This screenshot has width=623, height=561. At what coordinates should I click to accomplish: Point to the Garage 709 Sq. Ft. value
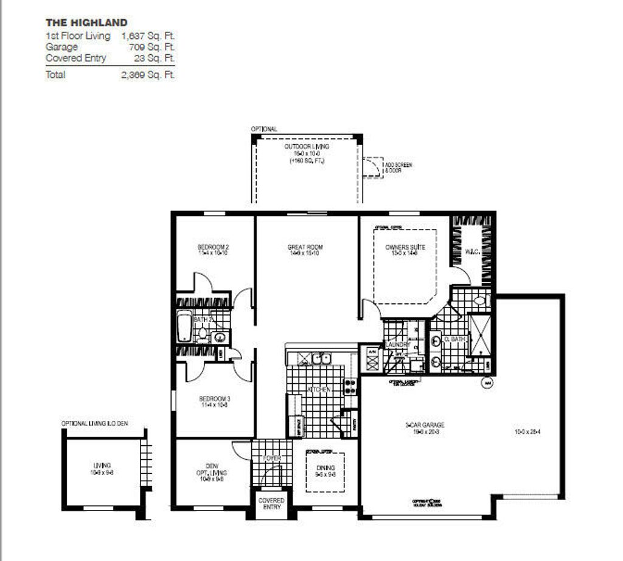151,47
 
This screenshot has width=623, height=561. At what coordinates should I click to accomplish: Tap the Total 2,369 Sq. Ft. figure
148,75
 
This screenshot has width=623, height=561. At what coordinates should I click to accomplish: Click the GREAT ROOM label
305,247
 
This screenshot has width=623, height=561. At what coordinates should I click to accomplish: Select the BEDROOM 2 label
213,247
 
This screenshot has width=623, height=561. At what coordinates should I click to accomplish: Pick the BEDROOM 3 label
214,399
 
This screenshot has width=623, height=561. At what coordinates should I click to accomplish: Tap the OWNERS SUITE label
405,247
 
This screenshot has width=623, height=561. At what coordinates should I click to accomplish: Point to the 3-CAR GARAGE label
425,425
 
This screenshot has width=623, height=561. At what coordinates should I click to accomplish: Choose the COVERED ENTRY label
271,504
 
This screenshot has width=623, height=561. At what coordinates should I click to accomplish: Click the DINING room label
325,468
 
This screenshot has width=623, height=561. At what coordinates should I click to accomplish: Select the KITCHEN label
319,389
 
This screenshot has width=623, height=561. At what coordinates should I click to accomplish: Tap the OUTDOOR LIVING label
307,147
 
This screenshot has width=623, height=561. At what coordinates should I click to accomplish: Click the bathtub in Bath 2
184,326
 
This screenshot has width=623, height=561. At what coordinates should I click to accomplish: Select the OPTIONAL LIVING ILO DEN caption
94,423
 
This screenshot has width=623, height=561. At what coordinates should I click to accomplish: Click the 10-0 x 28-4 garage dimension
527,432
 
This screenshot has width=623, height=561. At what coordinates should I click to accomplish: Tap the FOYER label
271,457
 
